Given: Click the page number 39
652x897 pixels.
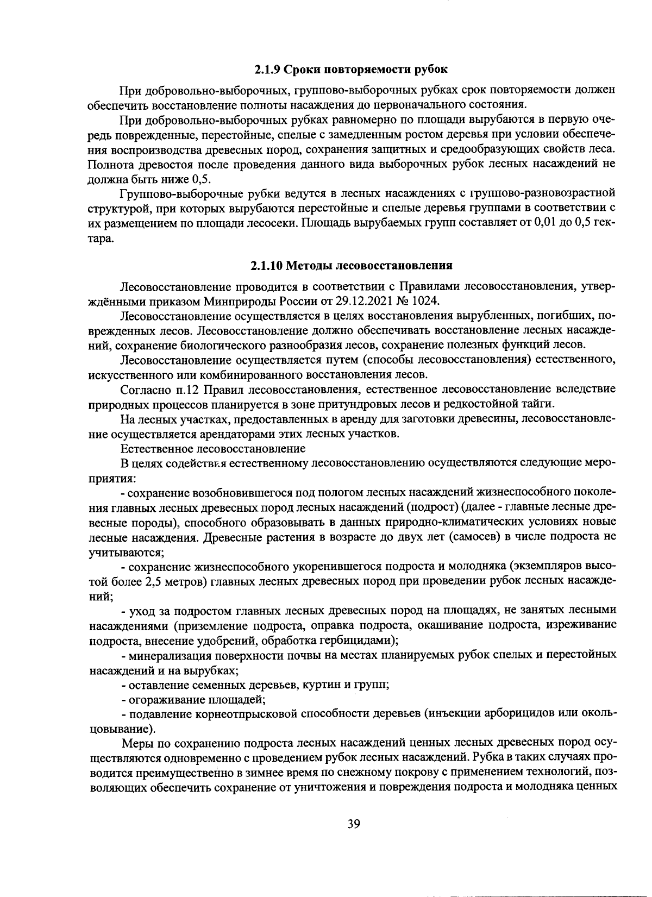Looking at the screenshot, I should (x=354, y=824).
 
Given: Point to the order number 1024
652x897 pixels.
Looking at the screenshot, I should (x=427, y=300).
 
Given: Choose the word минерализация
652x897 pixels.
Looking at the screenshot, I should (x=163, y=655).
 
